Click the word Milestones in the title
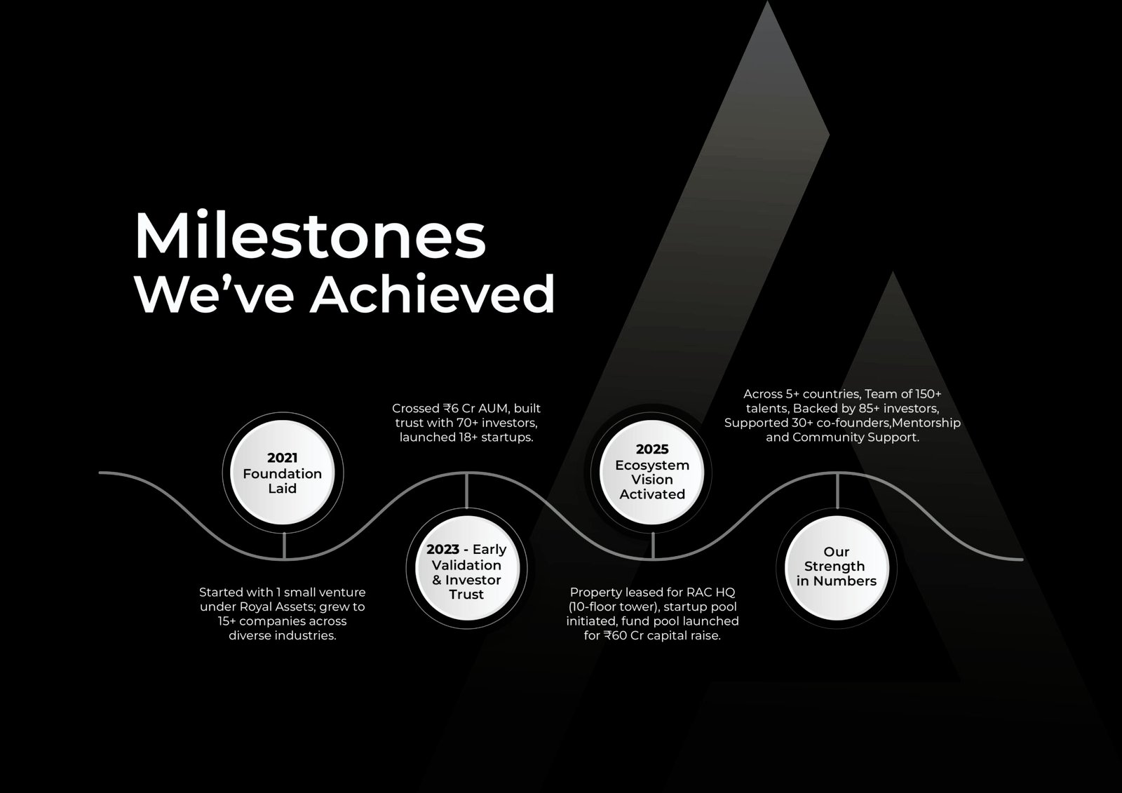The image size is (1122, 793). pos(310,236)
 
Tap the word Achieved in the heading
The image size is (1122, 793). pos(433,294)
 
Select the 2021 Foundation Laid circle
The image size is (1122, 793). pos(283,473)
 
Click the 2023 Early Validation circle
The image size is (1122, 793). pos(466,568)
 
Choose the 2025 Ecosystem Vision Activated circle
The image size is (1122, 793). pos(651,472)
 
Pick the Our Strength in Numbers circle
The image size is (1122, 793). pos(837,568)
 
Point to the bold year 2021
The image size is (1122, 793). pos(283,458)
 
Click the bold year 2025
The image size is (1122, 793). pos(652,449)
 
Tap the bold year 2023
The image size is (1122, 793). pos(442,550)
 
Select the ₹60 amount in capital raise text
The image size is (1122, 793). pos(616,636)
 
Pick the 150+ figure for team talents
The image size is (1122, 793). pos(928,394)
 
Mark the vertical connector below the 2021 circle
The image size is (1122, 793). pos(284,545)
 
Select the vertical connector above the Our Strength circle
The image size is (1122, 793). pos(837,491)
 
